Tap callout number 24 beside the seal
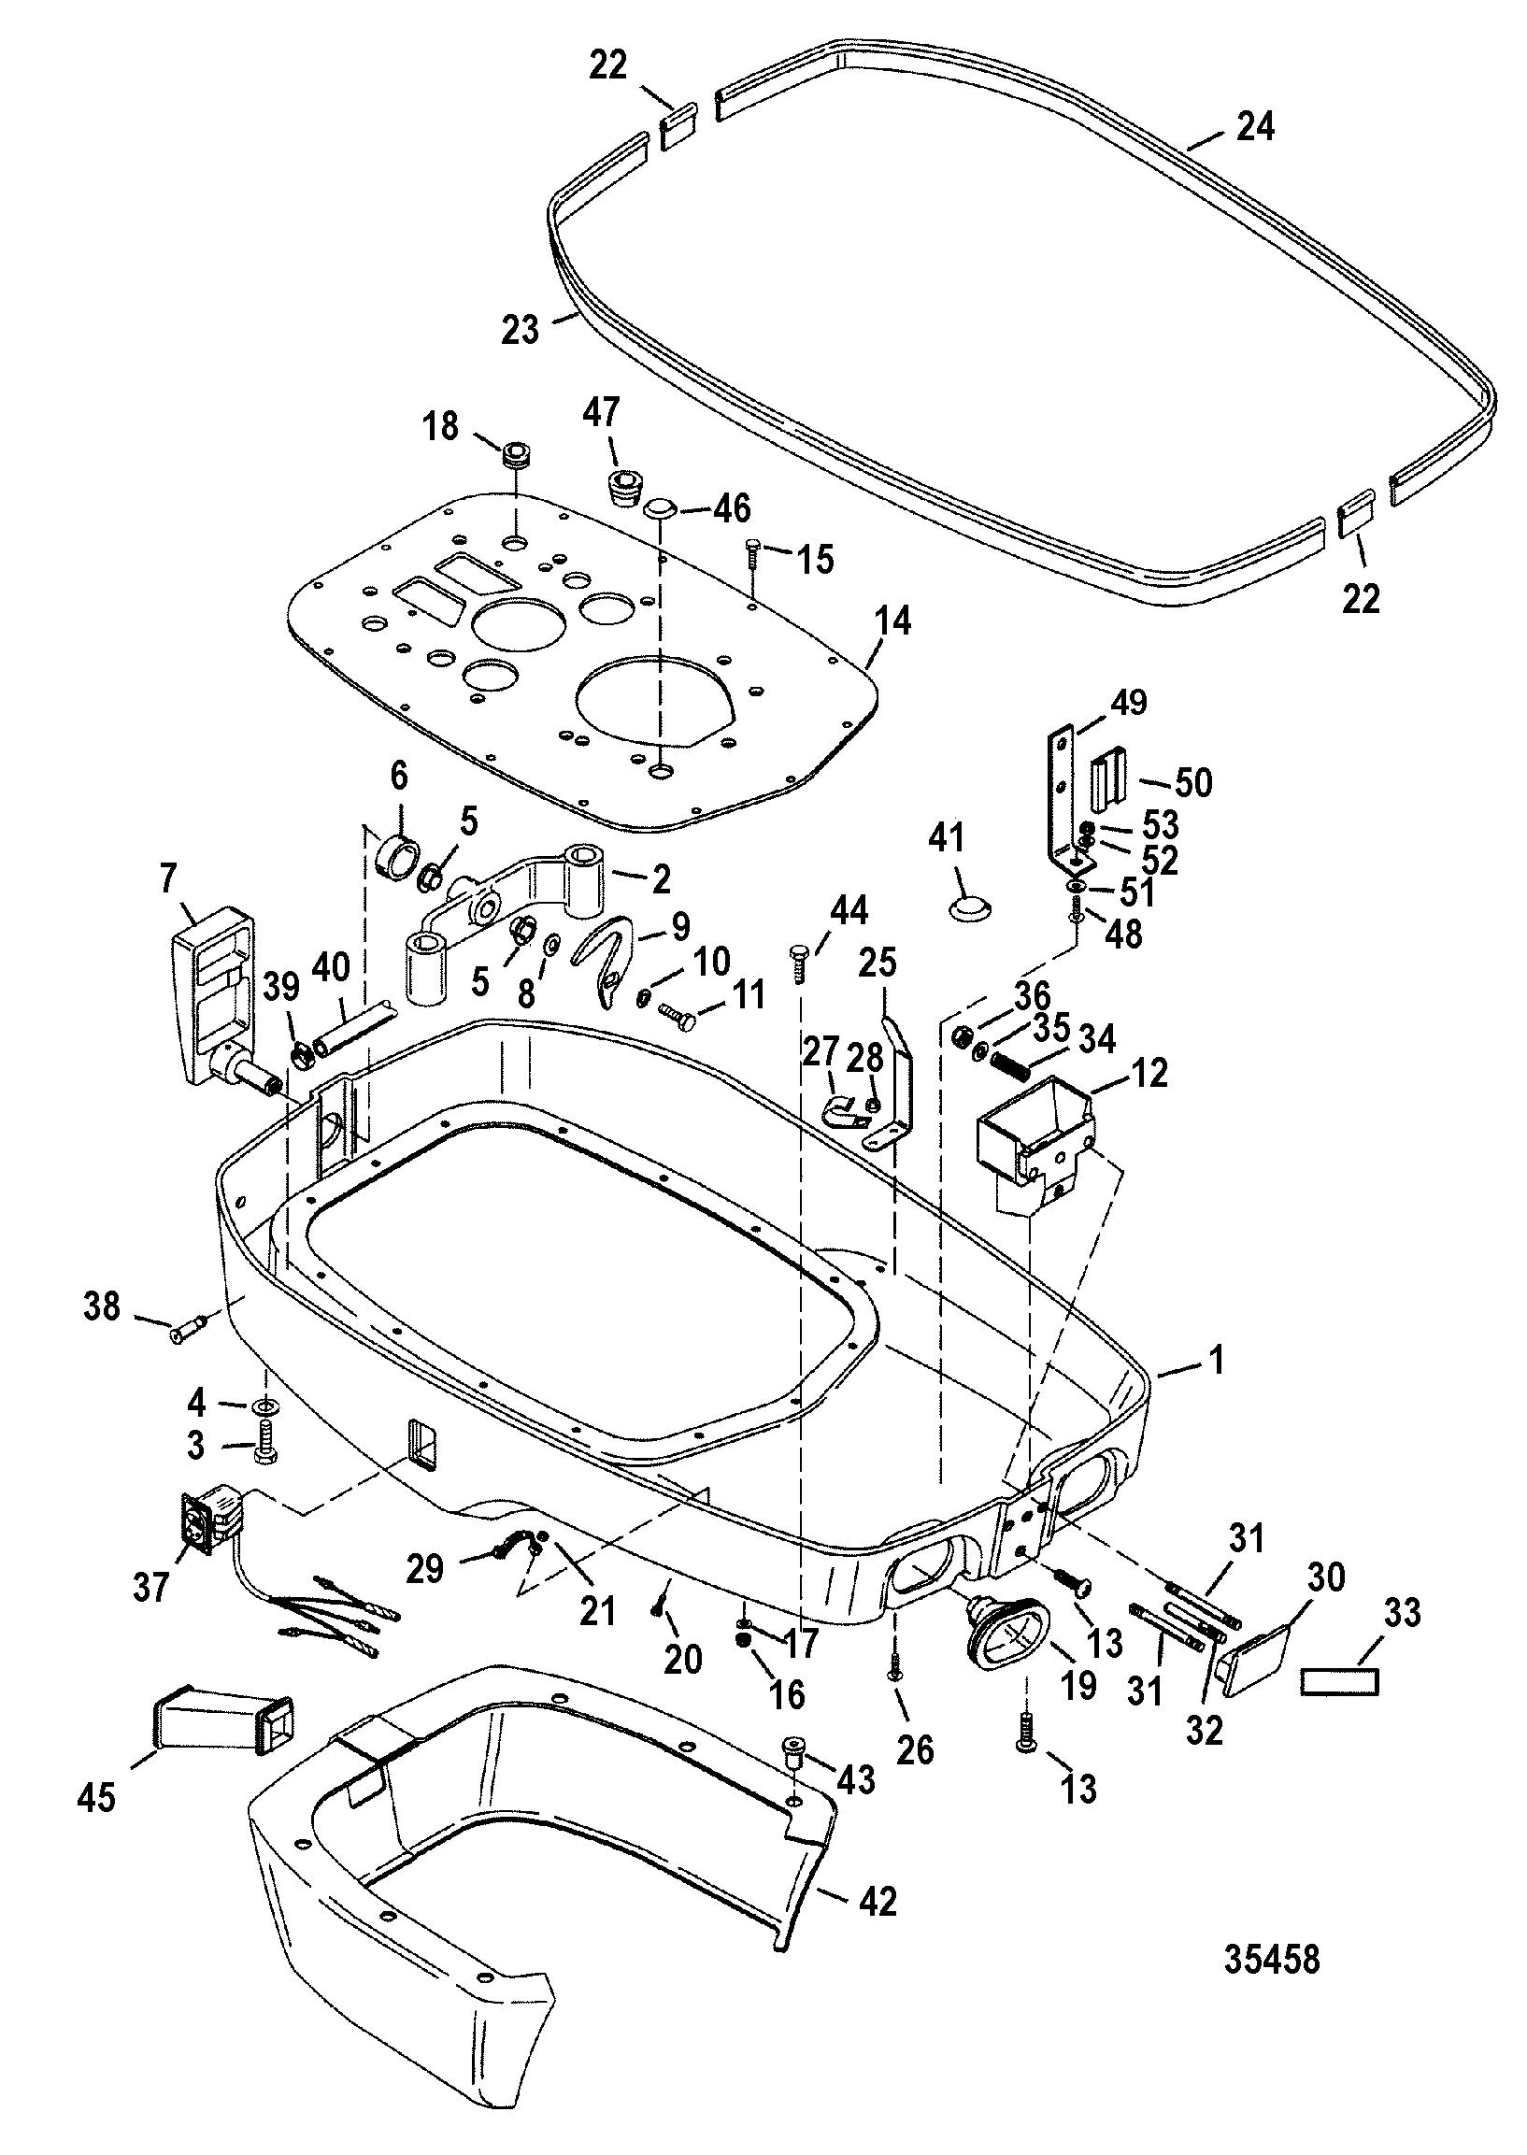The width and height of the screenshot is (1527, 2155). pos(1255,126)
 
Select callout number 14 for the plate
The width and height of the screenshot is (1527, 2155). pos(892,621)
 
